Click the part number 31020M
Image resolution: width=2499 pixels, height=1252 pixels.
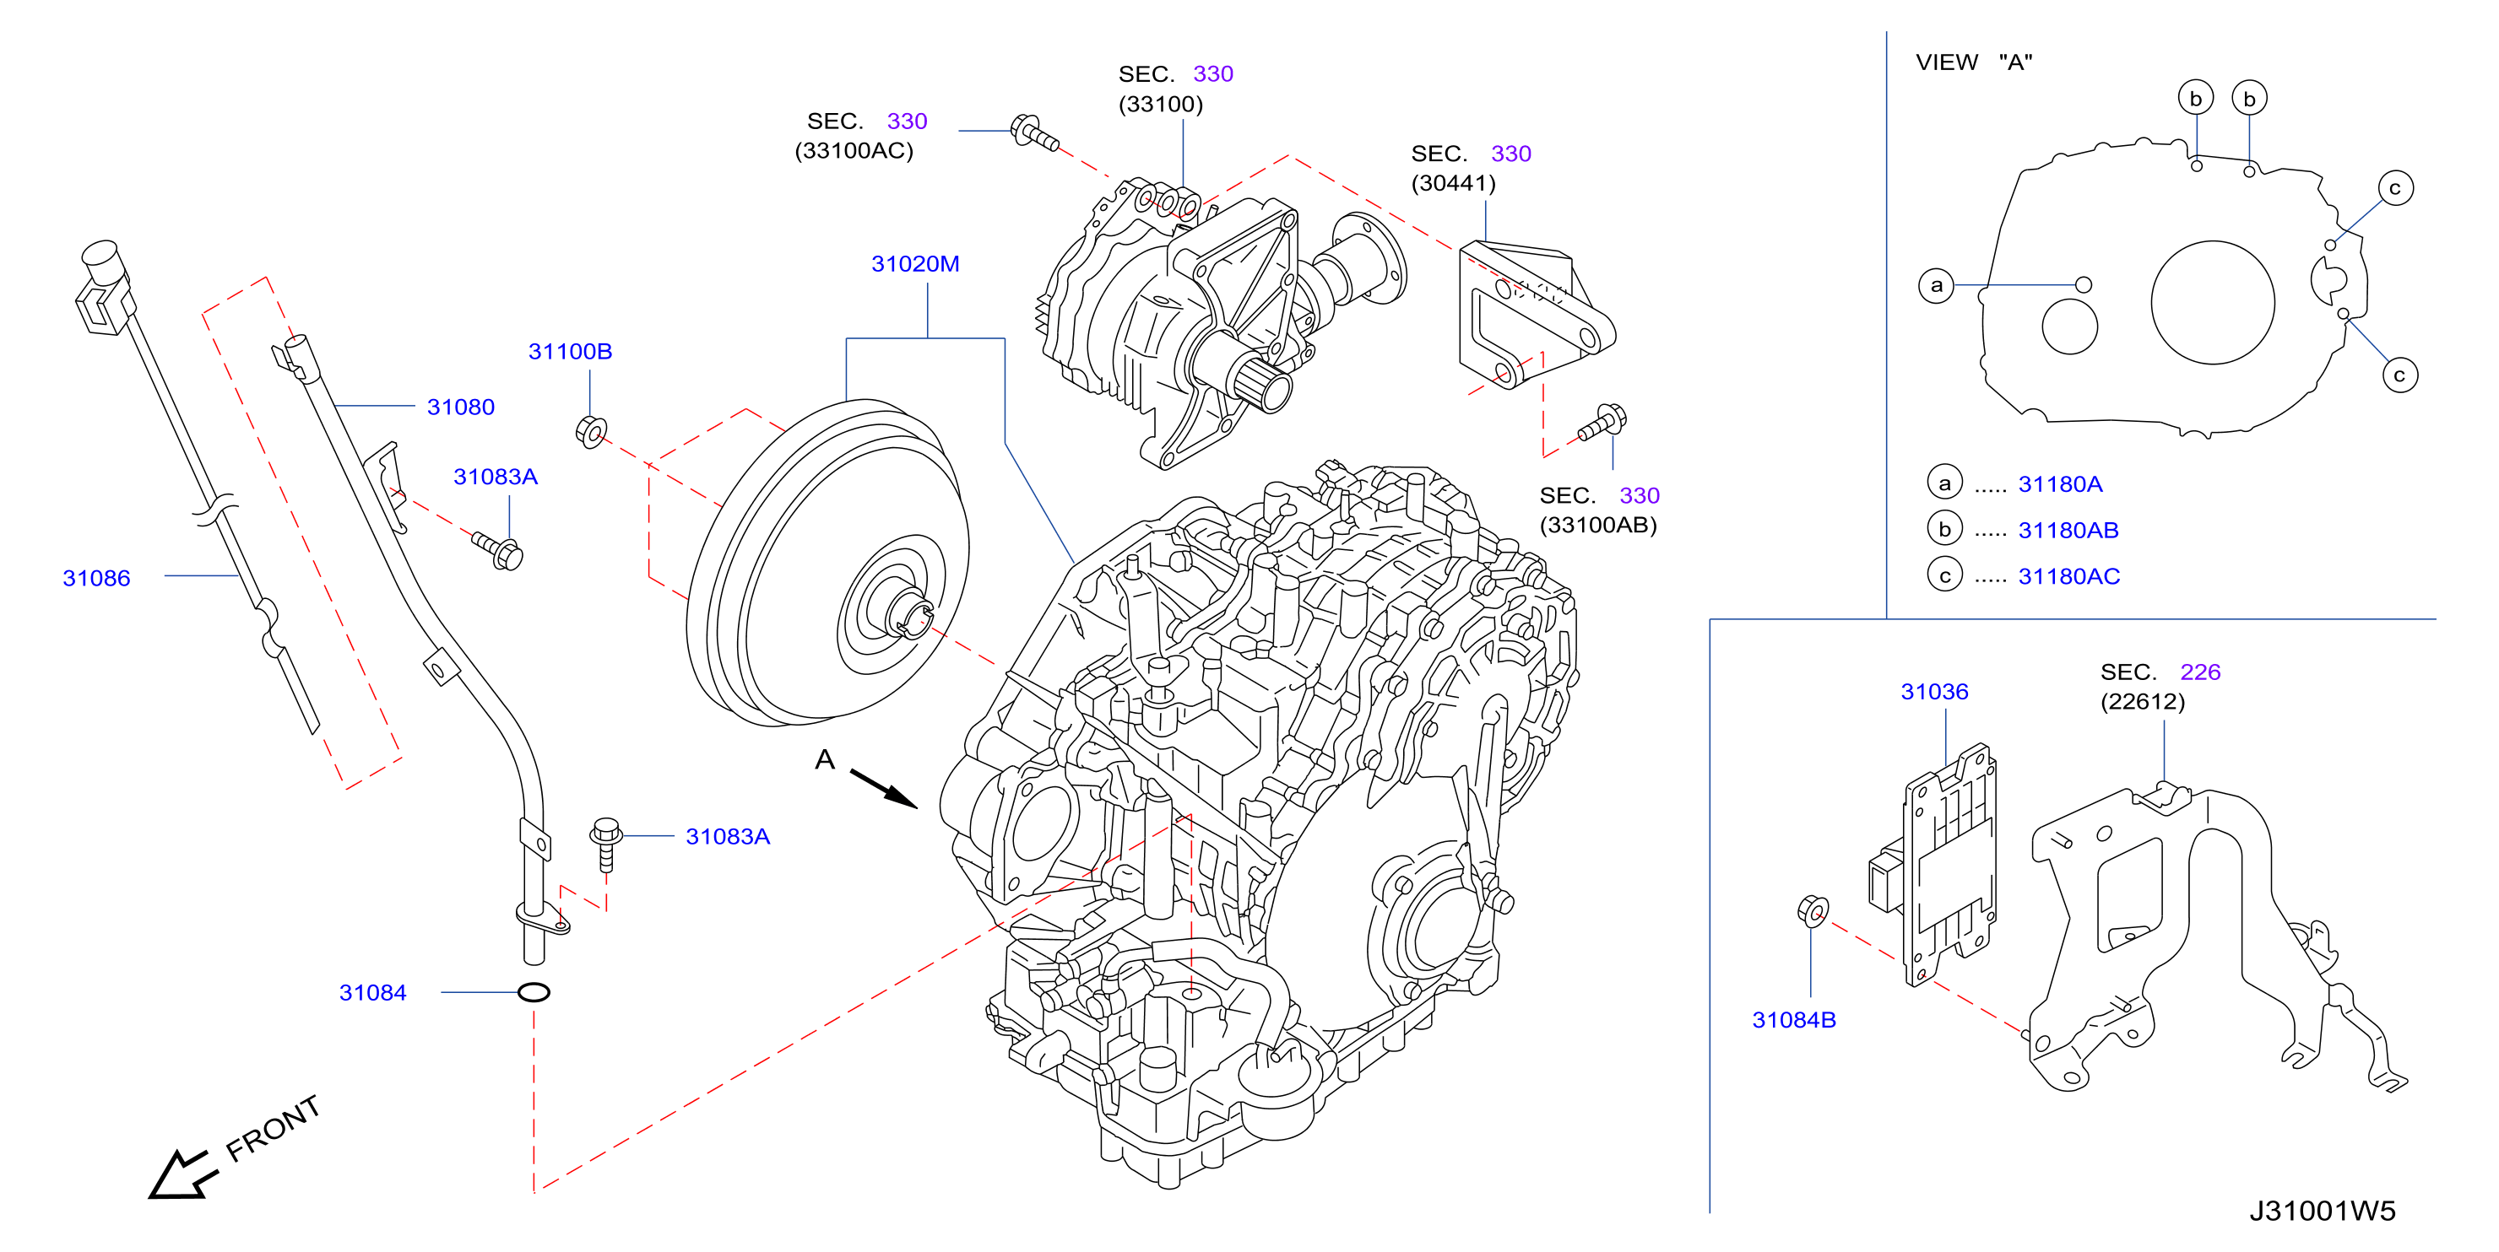click(x=915, y=264)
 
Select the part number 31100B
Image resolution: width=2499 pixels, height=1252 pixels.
click(x=570, y=351)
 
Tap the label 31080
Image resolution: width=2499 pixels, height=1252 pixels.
click(x=461, y=407)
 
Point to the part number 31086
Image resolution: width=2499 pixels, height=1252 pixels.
click(x=96, y=578)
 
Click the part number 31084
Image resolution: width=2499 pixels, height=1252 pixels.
click(x=372, y=992)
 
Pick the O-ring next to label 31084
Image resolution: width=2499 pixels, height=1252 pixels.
click(x=534, y=992)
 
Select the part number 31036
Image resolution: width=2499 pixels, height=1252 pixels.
click(x=1934, y=692)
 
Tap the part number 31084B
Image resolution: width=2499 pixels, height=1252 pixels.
click(x=1794, y=1019)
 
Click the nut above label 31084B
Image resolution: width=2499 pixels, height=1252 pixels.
click(x=1812, y=910)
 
